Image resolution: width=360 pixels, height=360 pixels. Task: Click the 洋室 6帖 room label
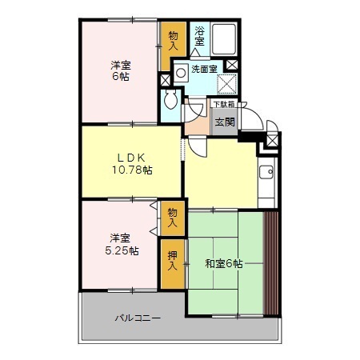point(121,71)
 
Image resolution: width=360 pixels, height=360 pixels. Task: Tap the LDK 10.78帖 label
point(132,162)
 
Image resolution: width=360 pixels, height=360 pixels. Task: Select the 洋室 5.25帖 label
point(122,243)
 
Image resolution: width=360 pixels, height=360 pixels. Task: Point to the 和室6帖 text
point(224,263)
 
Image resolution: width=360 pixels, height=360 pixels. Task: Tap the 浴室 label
point(200,36)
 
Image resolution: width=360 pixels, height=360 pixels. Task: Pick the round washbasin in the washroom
point(181,70)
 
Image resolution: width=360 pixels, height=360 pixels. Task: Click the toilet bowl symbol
point(170,101)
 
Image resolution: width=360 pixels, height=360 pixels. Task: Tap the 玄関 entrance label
point(224,122)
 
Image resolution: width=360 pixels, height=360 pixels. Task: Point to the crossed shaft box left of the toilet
point(165,80)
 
